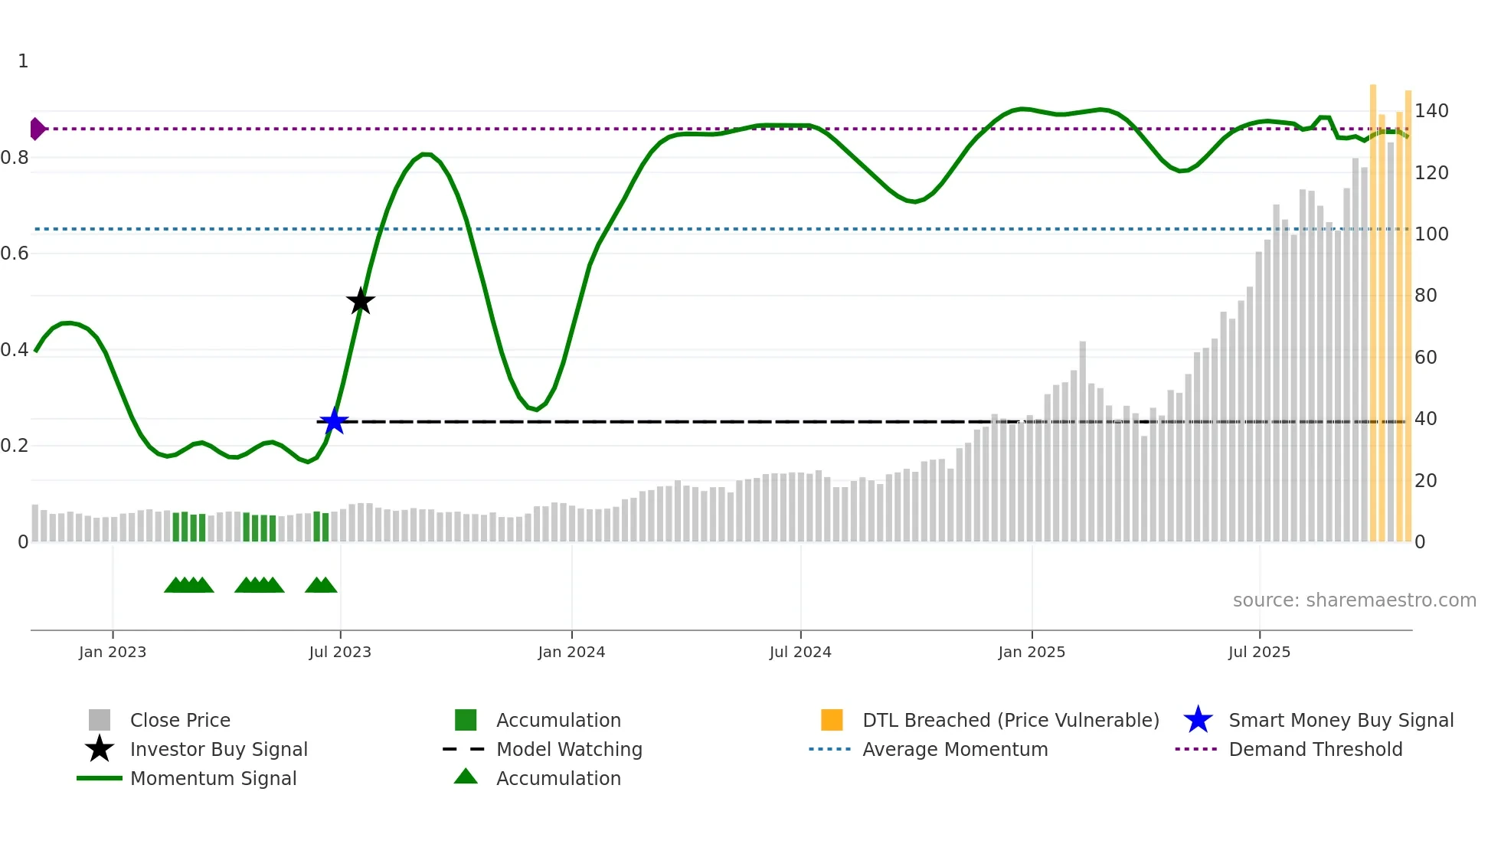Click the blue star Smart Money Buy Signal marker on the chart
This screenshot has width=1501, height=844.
(x=333, y=421)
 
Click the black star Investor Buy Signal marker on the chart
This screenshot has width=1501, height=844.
(x=360, y=301)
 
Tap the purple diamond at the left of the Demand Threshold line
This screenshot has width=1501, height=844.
(x=37, y=129)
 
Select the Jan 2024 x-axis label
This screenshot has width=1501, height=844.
(x=571, y=652)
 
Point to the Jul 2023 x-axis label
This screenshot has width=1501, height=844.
(x=340, y=652)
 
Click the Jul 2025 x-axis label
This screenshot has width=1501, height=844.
(x=1259, y=652)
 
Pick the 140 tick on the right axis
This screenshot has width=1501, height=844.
(x=1431, y=111)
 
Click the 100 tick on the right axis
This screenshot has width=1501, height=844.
(x=1431, y=234)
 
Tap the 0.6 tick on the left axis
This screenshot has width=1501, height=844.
(x=15, y=254)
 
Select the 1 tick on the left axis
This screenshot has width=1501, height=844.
(x=23, y=61)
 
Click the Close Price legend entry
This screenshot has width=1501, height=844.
(x=180, y=720)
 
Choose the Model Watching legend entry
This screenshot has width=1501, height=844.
(x=569, y=749)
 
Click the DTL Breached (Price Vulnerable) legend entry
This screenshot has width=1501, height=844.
(x=1010, y=720)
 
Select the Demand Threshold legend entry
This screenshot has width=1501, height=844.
(x=1315, y=749)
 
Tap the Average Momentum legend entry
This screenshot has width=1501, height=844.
(x=955, y=749)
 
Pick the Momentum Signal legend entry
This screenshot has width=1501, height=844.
(x=213, y=778)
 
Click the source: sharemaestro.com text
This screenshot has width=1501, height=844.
(x=1354, y=600)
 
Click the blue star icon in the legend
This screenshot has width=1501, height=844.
(x=1198, y=720)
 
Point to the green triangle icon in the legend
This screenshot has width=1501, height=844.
(x=466, y=777)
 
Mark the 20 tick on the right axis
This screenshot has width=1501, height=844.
(x=1425, y=481)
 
